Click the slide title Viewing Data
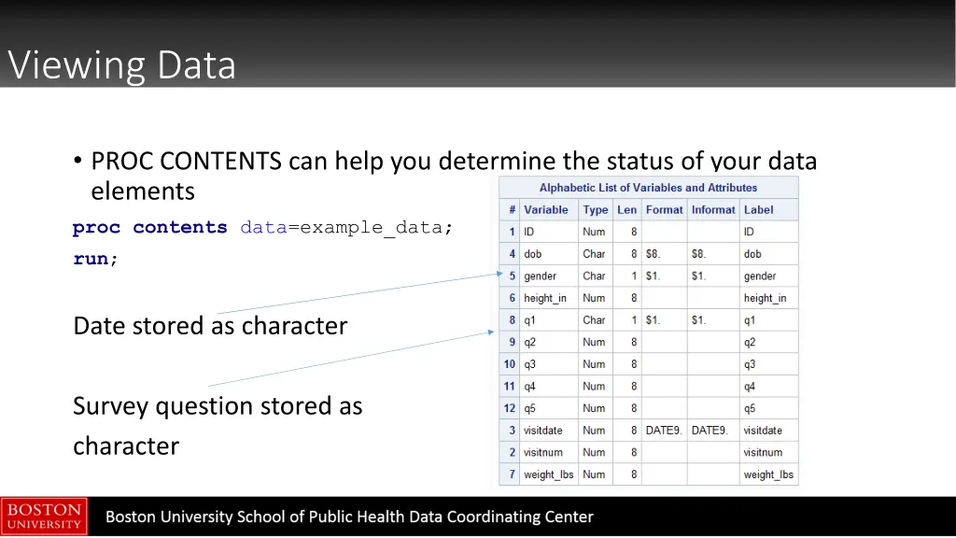121,65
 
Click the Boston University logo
44,517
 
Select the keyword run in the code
91,260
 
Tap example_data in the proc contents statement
371,228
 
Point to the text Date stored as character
210,326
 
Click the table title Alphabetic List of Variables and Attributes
648,188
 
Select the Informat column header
713,210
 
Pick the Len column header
626,210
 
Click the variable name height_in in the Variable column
545,298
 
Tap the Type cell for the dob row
594,254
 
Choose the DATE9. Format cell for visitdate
666,431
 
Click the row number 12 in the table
510,408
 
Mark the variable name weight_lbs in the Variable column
548,474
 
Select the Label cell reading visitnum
763,452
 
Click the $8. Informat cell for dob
698,254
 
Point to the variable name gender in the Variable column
540,276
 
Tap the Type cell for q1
594,320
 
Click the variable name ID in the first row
529,232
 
